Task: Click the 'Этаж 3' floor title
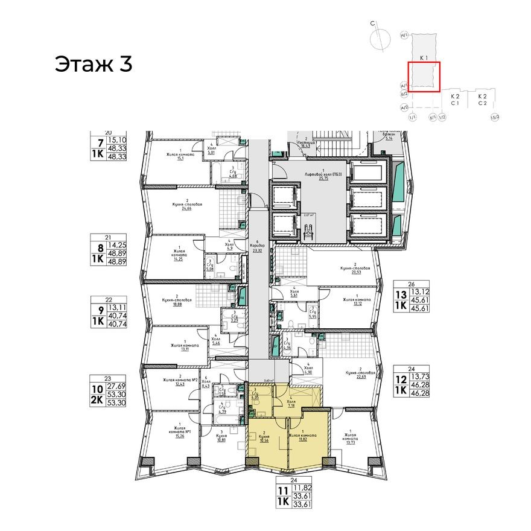tap(93, 63)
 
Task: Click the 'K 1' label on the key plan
tap(424, 58)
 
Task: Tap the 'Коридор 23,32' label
tap(258, 247)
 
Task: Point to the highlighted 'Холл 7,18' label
tap(290, 403)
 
